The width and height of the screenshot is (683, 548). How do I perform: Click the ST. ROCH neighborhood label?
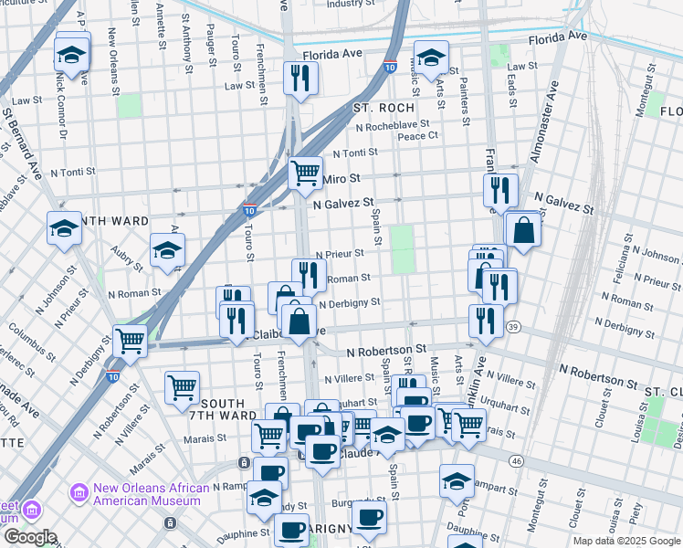point(384,108)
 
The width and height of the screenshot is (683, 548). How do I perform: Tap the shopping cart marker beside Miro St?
point(305,172)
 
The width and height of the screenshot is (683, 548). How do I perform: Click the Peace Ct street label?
point(417,135)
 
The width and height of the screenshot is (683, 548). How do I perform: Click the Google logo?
point(29,537)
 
